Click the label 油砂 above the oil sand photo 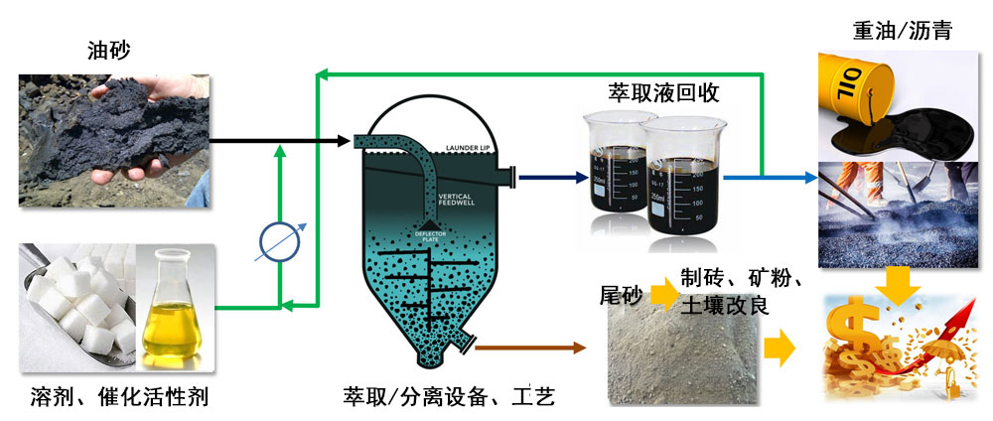pos(109,47)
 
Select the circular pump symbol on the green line pos(280,242)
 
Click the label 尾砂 pos(621,295)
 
